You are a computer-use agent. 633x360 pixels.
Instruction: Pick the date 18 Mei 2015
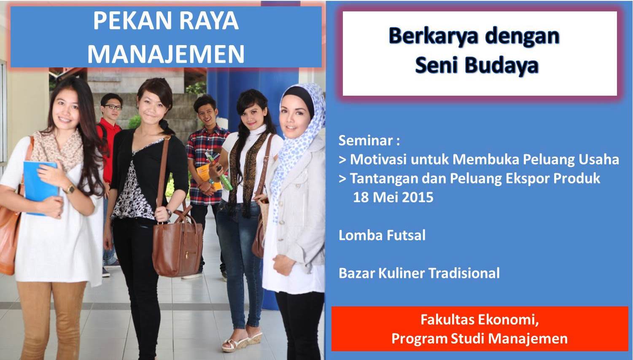[393, 197]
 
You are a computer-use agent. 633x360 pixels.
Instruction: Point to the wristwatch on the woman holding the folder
[70, 189]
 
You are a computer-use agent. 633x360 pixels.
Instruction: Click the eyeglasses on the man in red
[113, 107]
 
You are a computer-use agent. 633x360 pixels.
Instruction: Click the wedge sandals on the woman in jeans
[242, 341]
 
